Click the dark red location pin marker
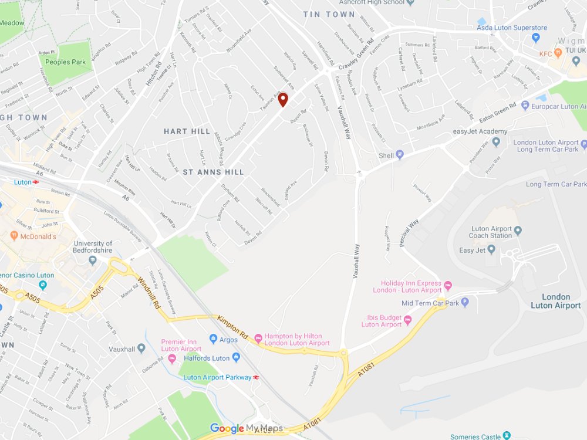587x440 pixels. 283,99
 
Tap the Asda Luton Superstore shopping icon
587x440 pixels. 535,38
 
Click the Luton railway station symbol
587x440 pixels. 36,182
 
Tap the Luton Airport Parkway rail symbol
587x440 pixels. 256,377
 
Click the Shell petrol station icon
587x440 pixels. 400,155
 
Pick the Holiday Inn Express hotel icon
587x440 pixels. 448,286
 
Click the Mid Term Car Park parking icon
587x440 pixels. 465,303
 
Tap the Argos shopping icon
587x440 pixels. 214,339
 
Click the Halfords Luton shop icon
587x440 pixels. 236,357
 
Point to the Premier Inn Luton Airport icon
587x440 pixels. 172,358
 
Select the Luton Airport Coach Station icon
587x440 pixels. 518,229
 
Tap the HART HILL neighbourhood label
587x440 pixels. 187,131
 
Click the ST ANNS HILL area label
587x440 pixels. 213,172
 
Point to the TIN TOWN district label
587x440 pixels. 329,14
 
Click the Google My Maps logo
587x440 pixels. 247,429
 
